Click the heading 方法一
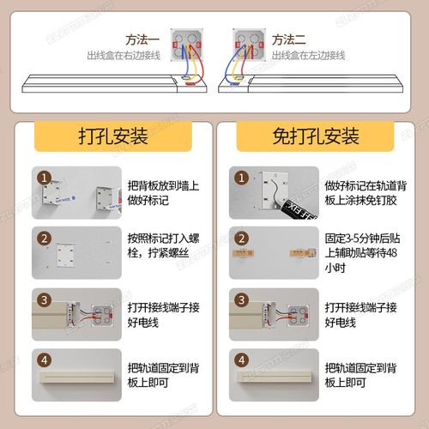pos(142,40)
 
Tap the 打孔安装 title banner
pos(112,136)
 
